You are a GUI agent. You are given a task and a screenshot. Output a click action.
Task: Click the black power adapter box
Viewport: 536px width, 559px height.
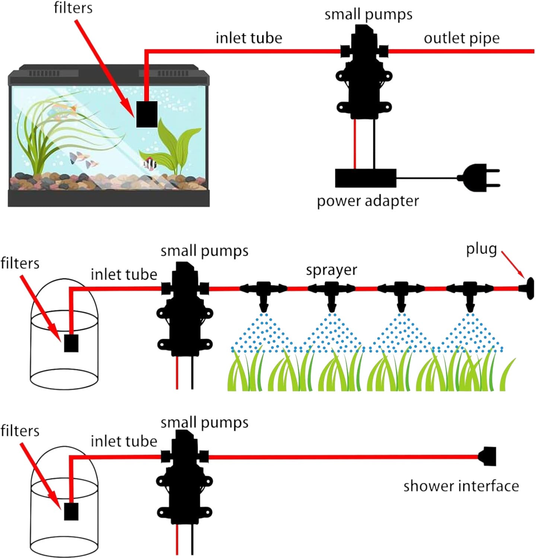tap(366, 178)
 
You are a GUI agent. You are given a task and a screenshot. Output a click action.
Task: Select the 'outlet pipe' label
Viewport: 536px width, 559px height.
tap(462, 38)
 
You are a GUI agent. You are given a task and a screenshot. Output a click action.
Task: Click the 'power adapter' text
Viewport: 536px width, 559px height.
tap(368, 201)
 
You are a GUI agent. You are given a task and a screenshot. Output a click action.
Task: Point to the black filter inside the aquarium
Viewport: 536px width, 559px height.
tap(147, 114)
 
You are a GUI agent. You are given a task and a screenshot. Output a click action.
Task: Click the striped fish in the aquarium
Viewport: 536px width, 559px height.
tap(150, 163)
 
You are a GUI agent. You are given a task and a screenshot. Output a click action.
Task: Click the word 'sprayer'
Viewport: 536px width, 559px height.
tap(331, 270)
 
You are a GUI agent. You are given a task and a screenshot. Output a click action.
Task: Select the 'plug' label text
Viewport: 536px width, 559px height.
tap(481, 249)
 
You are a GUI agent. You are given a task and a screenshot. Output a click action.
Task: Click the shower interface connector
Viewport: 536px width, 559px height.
tap(488, 456)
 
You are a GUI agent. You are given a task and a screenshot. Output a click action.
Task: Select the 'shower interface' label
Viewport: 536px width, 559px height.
tap(461, 486)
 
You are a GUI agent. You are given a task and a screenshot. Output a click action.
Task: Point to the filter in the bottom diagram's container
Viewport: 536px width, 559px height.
tap(71, 511)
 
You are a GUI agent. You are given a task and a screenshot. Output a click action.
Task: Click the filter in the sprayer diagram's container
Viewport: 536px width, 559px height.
tap(71, 343)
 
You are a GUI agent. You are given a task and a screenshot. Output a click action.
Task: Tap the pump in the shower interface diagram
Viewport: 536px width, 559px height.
tap(185, 477)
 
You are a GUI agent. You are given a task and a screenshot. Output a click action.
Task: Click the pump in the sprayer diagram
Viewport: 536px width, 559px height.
tap(185, 309)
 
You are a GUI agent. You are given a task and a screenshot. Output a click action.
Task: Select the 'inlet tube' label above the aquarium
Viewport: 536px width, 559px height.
tap(249, 38)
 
